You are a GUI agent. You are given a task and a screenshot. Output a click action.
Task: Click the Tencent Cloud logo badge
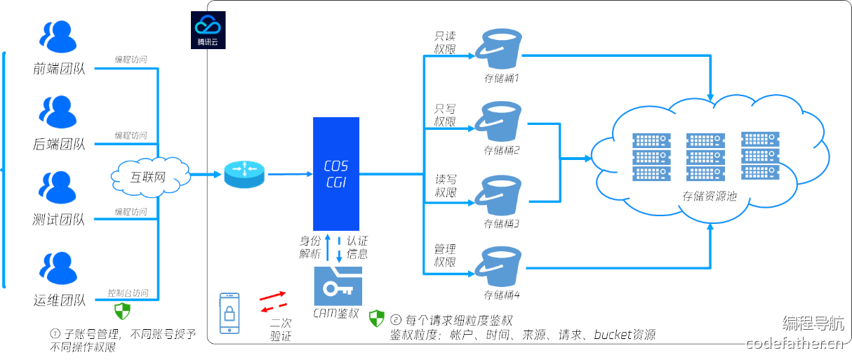coord(208,30)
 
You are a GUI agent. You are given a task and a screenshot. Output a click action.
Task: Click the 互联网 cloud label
coord(148,178)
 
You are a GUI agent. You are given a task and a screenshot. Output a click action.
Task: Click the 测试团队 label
coord(59,220)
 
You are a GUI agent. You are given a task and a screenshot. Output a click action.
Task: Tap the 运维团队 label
coord(59,300)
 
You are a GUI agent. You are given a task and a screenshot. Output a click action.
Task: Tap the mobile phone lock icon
coord(229,313)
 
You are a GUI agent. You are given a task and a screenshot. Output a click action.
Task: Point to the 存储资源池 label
coord(709,196)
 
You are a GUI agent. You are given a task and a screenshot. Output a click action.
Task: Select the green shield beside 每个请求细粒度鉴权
coord(377,319)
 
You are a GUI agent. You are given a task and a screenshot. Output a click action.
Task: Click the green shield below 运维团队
coord(122,311)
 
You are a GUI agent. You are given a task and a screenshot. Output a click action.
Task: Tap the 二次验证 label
coord(281,330)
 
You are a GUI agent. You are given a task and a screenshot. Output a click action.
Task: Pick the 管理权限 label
coord(445,255)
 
